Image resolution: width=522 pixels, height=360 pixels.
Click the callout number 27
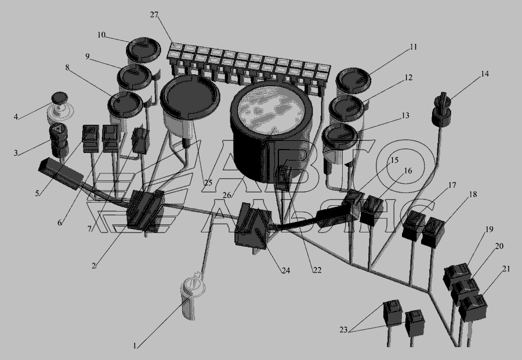[x=154, y=15]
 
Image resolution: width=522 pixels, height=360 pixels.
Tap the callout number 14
[x=485, y=74]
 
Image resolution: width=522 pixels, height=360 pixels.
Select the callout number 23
[x=343, y=330]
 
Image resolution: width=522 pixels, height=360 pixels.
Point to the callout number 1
[x=135, y=346]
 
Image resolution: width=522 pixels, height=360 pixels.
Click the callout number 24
[x=285, y=271]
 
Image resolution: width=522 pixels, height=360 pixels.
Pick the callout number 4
[x=16, y=117]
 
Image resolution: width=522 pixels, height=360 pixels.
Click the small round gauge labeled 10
[x=143, y=50]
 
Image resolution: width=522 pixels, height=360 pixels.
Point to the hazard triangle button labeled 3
[x=59, y=140]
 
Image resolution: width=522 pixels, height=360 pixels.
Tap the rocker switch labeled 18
[x=433, y=232]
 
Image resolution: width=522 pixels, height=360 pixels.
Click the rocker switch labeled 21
[x=473, y=307]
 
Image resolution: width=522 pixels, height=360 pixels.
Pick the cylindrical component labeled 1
[x=191, y=296]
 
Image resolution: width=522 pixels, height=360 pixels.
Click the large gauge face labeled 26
[x=271, y=110]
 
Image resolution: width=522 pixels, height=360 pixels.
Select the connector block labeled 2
[x=146, y=210]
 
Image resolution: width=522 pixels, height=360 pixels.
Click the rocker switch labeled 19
[x=457, y=275]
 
